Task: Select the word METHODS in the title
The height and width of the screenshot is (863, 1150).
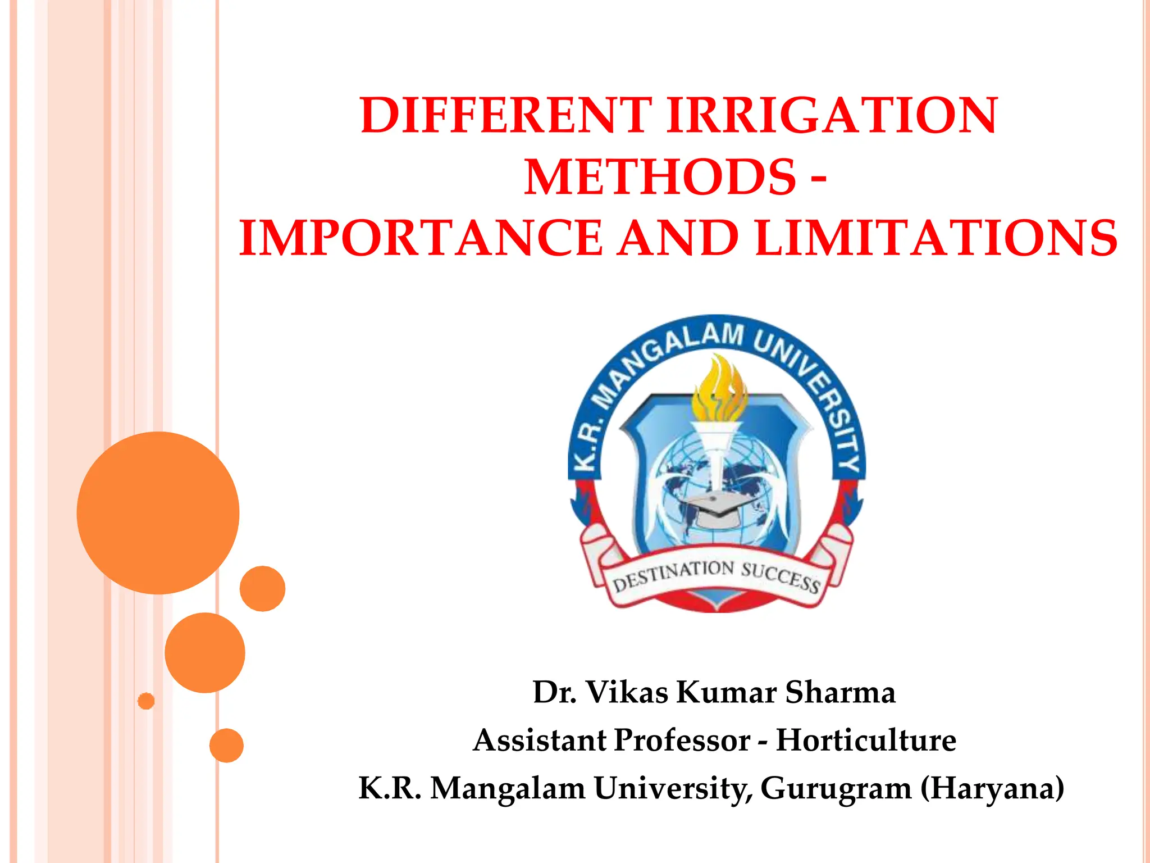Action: tap(660, 177)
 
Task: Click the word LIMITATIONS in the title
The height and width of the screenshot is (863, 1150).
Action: tap(936, 238)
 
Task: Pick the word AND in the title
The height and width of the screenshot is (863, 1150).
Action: tap(678, 238)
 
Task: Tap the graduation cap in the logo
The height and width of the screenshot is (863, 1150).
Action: tap(719, 506)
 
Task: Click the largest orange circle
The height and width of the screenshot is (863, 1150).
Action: tap(158, 512)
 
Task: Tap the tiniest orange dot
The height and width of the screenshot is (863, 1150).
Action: tap(146, 701)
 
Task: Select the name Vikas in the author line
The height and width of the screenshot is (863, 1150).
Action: tap(627, 692)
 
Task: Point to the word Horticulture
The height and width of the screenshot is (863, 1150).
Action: tap(866, 740)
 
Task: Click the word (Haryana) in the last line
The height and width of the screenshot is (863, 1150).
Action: tap(992, 788)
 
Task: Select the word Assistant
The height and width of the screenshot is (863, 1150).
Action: tap(539, 740)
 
